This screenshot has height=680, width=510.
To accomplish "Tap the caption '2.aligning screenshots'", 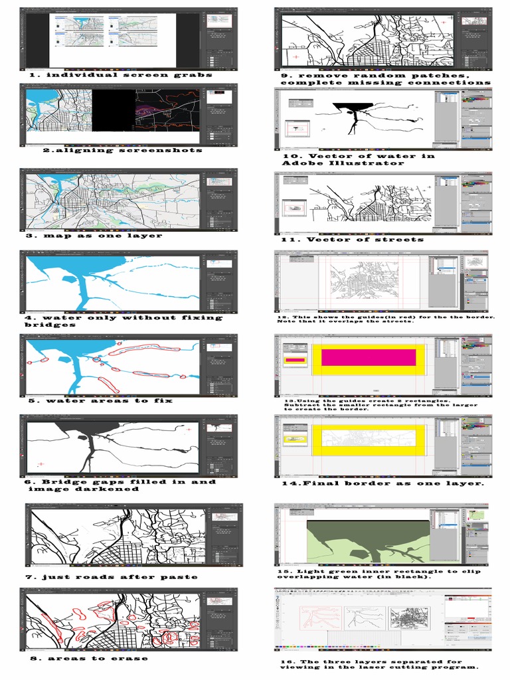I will [x=122, y=150].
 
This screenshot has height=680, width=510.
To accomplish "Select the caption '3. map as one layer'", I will [x=94, y=236].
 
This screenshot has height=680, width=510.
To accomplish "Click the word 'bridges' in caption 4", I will [x=50, y=325].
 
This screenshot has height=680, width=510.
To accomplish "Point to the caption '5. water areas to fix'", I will [x=100, y=400].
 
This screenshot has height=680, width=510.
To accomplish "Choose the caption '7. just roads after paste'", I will [x=112, y=576].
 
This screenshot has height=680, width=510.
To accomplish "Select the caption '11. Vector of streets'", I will [x=352, y=239].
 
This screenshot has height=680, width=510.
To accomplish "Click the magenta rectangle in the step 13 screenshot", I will [x=369, y=357].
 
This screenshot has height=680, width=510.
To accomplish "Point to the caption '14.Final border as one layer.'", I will [x=382, y=483].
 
